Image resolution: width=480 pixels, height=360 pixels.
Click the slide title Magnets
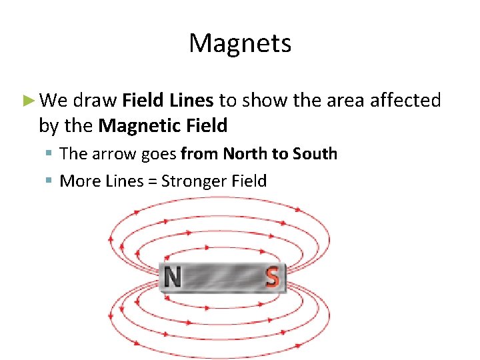(240, 44)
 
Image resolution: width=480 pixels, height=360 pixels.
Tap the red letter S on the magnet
(271, 277)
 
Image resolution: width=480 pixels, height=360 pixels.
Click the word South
(313, 154)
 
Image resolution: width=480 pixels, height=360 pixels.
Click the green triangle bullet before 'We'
(27, 101)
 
